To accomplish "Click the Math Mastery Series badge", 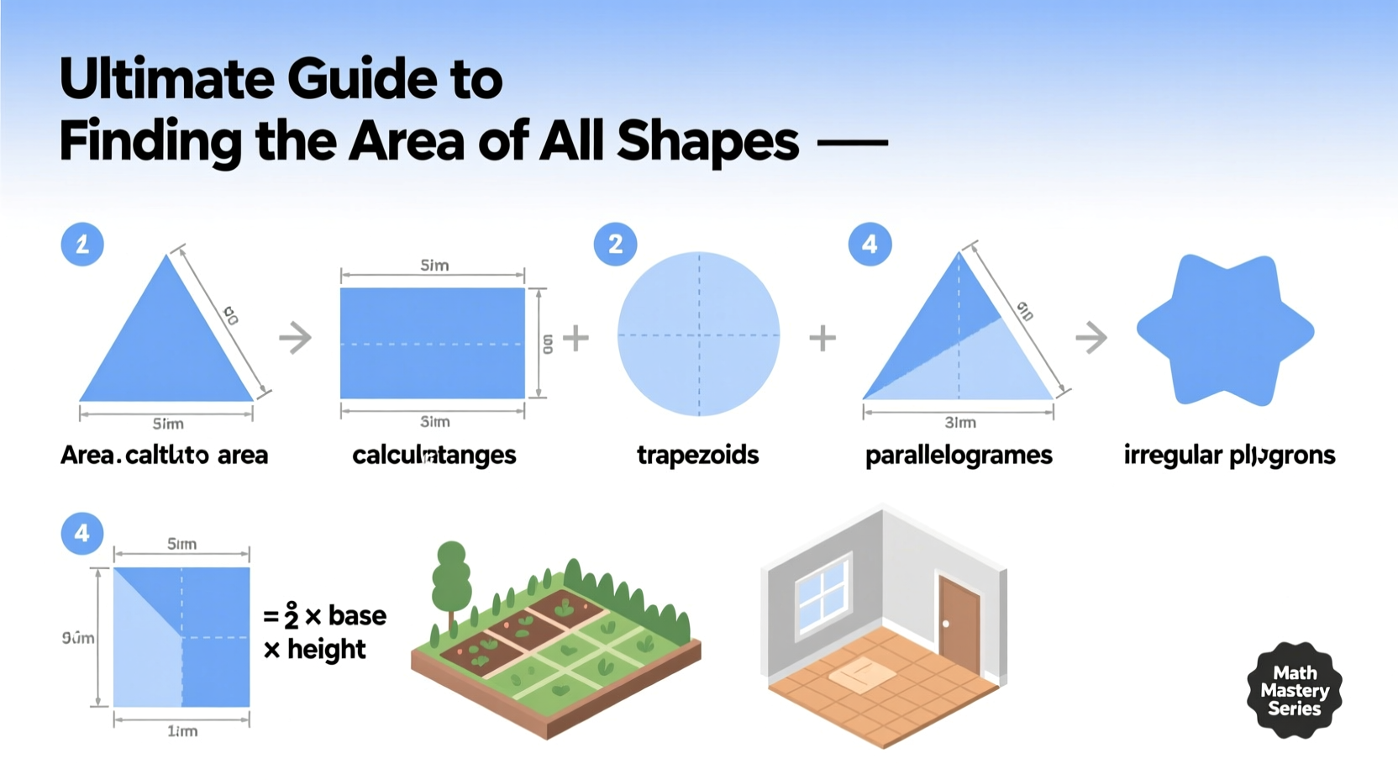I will coord(1294,690).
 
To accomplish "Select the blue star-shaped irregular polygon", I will coord(1225,330).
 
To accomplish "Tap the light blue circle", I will coord(698,334).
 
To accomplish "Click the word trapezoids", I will coord(697,455).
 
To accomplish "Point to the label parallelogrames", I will coord(959,455).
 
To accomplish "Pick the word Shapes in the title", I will coord(707,140).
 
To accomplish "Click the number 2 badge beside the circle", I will coord(615,245).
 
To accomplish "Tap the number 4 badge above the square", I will coord(82,533).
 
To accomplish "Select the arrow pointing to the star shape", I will coord(1091,338).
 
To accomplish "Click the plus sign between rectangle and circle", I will coord(575,338).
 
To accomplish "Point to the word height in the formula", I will coord(326,649).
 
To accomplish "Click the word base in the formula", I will coord(357,615).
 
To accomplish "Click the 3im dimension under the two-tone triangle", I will coord(959,422).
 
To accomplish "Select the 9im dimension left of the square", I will coord(78,638).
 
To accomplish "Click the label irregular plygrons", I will coord(1229,455).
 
